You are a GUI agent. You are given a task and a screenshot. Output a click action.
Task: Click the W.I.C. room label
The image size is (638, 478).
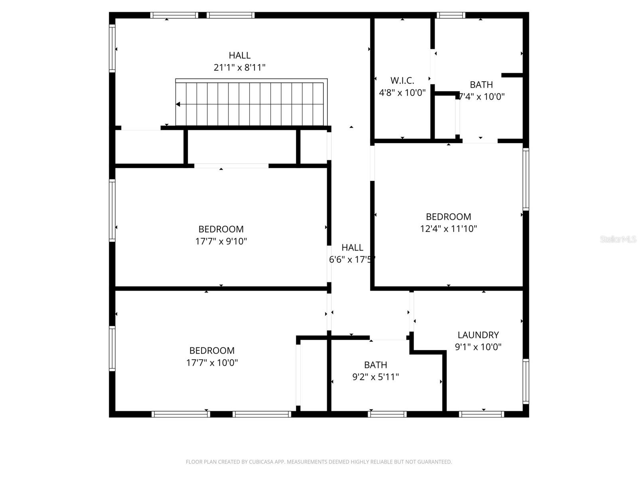(x=402, y=80)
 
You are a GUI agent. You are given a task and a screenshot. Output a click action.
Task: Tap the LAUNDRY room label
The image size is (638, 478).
(x=478, y=335)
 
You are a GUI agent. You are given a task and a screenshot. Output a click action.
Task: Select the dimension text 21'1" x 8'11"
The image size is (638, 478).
(x=239, y=68)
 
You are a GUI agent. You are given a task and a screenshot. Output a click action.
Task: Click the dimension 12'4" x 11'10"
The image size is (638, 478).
(x=448, y=229)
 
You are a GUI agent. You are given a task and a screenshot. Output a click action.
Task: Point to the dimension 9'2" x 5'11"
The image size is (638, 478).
(x=375, y=377)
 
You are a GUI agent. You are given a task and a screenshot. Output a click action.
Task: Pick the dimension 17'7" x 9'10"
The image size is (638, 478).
(x=221, y=241)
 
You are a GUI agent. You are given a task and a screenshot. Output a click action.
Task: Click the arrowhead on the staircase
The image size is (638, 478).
(x=178, y=104)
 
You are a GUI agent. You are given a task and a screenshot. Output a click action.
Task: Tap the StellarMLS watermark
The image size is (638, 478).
(x=618, y=239)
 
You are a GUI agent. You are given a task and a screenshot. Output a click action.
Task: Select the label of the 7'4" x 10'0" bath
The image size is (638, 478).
(x=481, y=85)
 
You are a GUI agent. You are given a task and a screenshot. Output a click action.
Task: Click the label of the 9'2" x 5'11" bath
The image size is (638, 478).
(x=375, y=365)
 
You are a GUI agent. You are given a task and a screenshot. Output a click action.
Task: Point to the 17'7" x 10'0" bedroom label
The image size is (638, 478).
(x=212, y=351)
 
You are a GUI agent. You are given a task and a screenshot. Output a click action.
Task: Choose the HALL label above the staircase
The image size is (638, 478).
(x=239, y=55)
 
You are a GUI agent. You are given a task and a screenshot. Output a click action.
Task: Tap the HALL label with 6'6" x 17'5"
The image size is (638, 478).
(x=352, y=248)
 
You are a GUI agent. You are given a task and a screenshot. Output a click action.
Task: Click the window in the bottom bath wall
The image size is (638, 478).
(x=387, y=414)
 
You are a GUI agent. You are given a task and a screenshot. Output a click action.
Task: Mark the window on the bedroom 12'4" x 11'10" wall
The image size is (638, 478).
(x=526, y=179)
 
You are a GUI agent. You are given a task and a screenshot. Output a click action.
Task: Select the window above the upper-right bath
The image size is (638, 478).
(x=451, y=16)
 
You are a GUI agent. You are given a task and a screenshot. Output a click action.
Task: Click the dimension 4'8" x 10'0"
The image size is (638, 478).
(x=402, y=93)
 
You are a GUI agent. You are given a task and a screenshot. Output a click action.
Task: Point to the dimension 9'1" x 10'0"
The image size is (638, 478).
(x=478, y=347)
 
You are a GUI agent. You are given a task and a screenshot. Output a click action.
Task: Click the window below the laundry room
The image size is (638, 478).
(x=481, y=414)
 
